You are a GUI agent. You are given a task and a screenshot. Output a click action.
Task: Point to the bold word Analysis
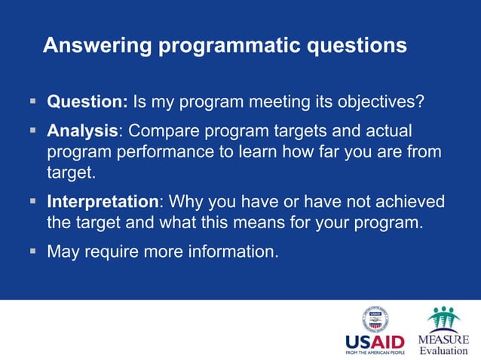[82, 131]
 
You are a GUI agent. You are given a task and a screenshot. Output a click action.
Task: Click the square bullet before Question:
[33, 101]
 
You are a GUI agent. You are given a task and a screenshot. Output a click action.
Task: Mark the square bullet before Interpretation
[33, 201]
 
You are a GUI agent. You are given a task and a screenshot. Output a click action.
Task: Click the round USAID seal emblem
[375, 319]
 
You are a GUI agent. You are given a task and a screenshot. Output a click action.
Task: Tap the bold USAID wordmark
[375, 341]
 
